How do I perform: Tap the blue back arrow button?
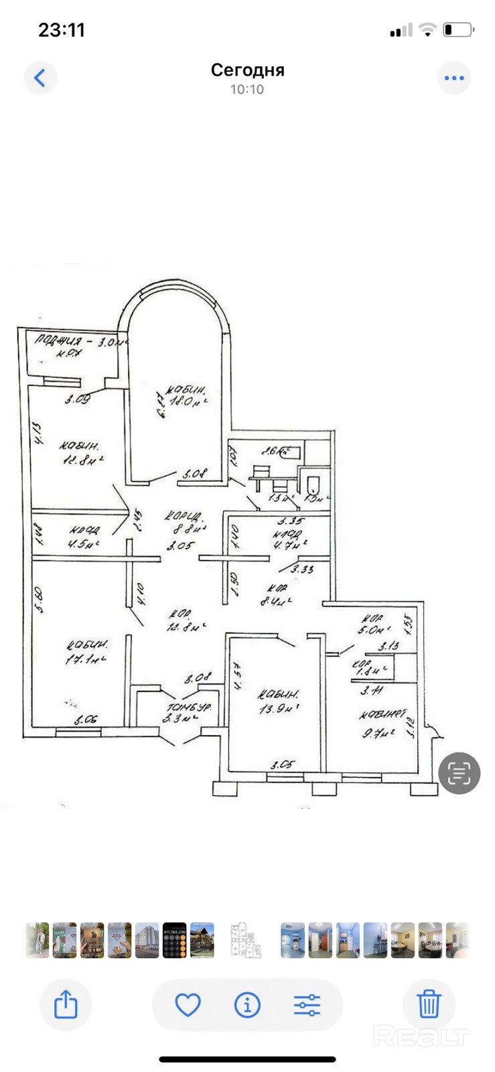click(x=40, y=78)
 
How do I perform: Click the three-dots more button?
click(x=454, y=78)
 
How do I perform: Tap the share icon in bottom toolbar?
click(x=66, y=1005)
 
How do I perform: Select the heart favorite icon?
click(x=188, y=1005)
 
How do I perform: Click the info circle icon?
click(x=247, y=1005)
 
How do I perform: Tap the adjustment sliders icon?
click(x=307, y=1005)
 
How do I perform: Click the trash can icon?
click(x=429, y=1005)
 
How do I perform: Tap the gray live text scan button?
click(x=459, y=773)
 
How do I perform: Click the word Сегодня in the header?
click(x=247, y=70)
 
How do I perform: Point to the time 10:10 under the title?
click(x=247, y=89)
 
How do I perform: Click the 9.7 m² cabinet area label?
click(x=378, y=733)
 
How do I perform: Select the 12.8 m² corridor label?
click(x=186, y=626)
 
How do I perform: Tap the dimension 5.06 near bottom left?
click(x=86, y=720)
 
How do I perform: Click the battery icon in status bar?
click(x=458, y=29)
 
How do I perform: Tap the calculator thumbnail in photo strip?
click(x=174, y=940)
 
